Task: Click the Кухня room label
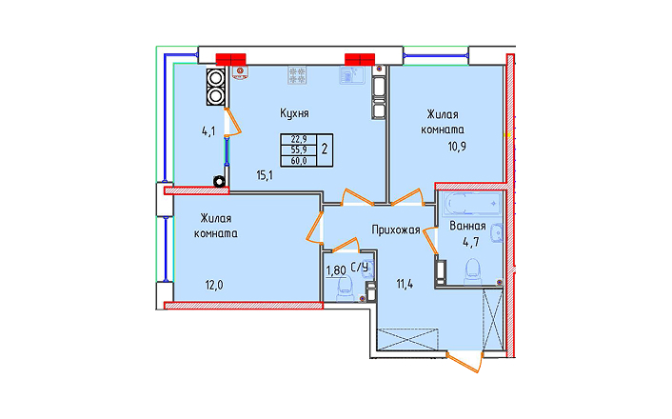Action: (294, 113)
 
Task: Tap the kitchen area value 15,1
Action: (265, 175)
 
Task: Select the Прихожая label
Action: (396, 230)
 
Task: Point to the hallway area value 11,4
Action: (405, 284)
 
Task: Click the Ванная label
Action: (467, 226)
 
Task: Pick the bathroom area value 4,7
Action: (470, 242)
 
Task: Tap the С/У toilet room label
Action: (359, 268)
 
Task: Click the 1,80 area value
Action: (336, 271)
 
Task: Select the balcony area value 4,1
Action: (208, 131)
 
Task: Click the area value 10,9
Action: (457, 147)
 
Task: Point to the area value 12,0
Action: (214, 285)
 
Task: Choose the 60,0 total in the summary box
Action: (299, 161)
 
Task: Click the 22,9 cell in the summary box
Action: (299, 139)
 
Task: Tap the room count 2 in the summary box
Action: (325, 150)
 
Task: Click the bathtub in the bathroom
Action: (473, 205)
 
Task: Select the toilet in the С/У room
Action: (345, 289)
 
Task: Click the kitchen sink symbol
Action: (352, 75)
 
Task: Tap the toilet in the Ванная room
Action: (473, 271)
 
